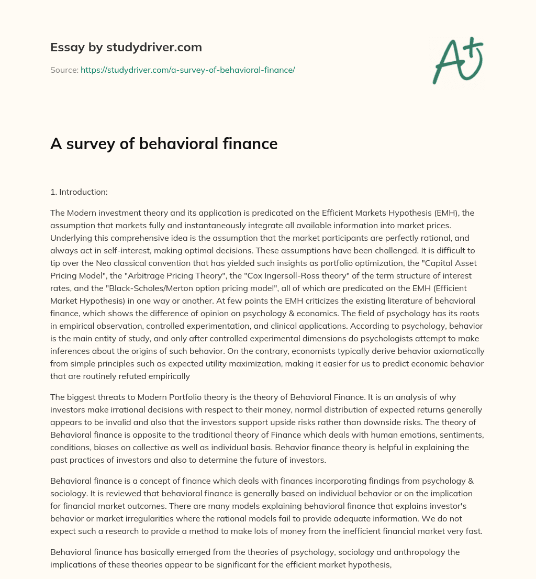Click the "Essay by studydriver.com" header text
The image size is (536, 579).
point(126,48)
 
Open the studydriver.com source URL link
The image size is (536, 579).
point(187,70)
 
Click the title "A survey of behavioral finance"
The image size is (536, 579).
point(163,143)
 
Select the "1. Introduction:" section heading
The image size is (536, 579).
point(79,192)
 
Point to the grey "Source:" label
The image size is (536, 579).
point(64,70)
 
